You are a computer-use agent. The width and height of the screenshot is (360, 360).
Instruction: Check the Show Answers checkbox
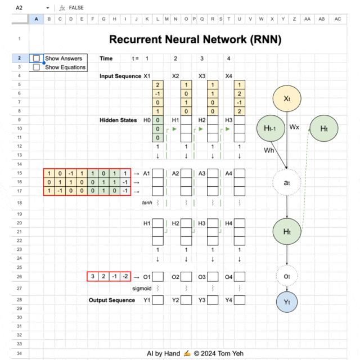point(37,58)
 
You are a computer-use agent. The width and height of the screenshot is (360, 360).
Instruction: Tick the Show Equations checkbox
point(37,67)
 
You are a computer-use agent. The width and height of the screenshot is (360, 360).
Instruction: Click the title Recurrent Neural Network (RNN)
point(195,39)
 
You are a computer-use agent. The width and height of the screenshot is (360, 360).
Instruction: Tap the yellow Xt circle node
point(287,98)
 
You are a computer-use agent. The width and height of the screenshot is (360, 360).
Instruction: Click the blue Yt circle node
point(287,302)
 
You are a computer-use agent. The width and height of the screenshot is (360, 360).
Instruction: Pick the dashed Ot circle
point(287,276)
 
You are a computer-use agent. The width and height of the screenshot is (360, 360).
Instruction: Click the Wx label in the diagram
point(294,127)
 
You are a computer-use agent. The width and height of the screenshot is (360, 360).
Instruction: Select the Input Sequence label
point(120,76)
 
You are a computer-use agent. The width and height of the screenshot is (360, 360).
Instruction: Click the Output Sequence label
point(112,300)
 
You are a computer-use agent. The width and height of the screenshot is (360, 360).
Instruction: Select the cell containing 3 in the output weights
point(92,276)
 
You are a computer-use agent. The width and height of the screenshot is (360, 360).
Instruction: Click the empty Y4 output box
point(240,300)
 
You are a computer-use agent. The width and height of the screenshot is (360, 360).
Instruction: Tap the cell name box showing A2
point(20,8)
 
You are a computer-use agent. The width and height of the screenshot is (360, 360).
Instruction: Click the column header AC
point(337,19)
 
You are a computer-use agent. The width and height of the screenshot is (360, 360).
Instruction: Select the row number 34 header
point(19,353)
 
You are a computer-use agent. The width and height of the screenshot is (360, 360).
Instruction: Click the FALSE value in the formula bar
point(77,8)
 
